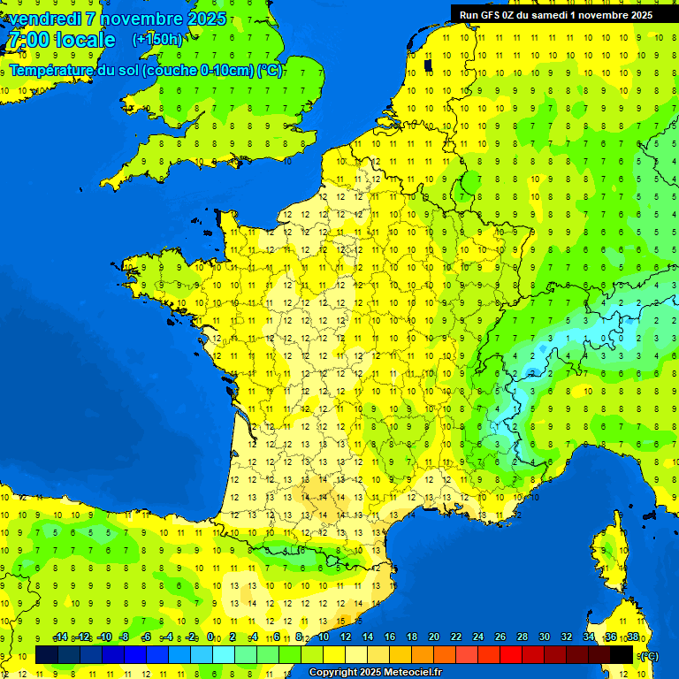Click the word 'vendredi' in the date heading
click(x=46, y=19)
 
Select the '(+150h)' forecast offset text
click(x=157, y=40)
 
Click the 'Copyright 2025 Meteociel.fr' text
click(x=375, y=673)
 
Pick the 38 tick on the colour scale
click(x=633, y=637)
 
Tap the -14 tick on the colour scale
click(x=60, y=637)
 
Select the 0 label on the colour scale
click(x=210, y=637)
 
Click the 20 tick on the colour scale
click(x=434, y=637)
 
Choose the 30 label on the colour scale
click(x=545, y=637)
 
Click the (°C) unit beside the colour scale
click(x=648, y=655)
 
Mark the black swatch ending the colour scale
click(x=622, y=654)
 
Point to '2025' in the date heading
click(x=207, y=19)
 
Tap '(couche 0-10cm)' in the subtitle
click(x=201, y=70)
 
